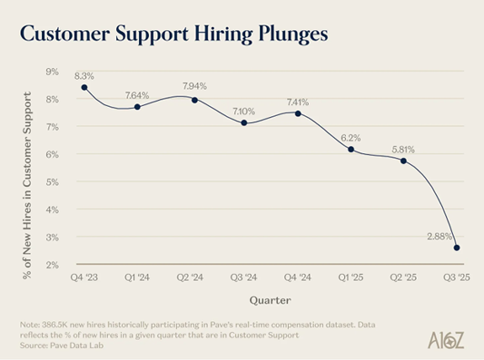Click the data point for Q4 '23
point(84,87)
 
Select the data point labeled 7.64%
point(137,107)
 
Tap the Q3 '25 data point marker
point(457,247)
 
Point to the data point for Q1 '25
point(351,150)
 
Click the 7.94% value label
point(194,86)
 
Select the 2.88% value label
point(439,236)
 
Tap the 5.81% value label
point(403,150)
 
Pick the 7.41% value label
point(298,102)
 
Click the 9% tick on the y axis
point(52,71)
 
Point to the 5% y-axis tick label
point(52,183)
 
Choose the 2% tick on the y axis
point(52,265)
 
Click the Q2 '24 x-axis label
point(190,278)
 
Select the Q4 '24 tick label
point(298,278)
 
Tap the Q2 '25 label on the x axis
point(403,278)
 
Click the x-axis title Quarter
point(270,300)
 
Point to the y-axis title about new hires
point(27,185)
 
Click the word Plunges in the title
point(293,34)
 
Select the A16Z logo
point(446,341)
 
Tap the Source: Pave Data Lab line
point(61,345)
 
